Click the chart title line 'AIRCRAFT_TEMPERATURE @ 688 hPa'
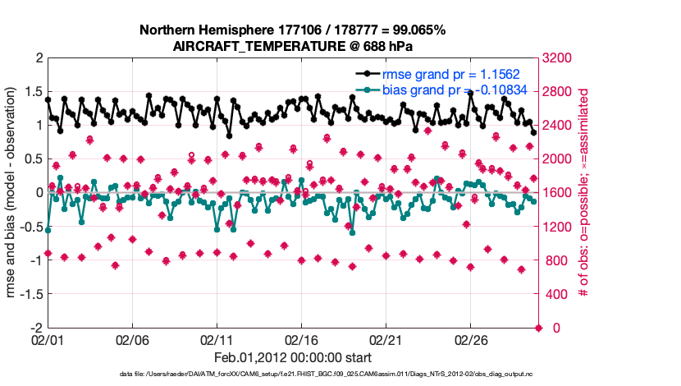(x=292, y=47)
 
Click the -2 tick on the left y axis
(x=36, y=328)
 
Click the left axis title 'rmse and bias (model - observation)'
(x=14, y=192)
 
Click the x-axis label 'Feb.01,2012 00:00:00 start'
(x=292, y=358)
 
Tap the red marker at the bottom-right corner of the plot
(x=539, y=328)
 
